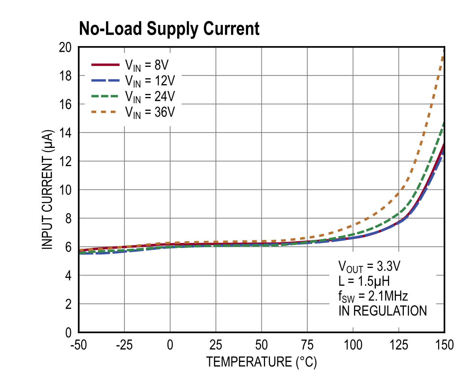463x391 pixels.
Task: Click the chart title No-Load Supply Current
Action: (x=169, y=29)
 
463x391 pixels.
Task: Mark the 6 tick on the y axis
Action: (x=68, y=247)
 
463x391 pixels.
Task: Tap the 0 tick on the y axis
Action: (x=68, y=333)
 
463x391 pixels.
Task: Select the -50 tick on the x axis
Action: (x=78, y=345)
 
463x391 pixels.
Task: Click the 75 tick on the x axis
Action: (x=307, y=345)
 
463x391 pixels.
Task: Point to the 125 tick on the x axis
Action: (x=399, y=345)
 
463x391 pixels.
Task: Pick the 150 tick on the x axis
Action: (x=444, y=345)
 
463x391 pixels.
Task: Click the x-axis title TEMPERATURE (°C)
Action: (x=262, y=362)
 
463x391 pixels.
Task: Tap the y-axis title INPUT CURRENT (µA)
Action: (x=48, y=189)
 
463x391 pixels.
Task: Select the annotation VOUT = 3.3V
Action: (x=369, y=266)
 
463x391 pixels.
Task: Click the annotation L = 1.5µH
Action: (x=364, y=281)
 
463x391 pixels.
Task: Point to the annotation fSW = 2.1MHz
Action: (x=373, y=296)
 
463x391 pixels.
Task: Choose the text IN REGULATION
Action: (x=382, y=311)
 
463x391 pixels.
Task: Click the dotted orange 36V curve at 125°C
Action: (x=399, y=194)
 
